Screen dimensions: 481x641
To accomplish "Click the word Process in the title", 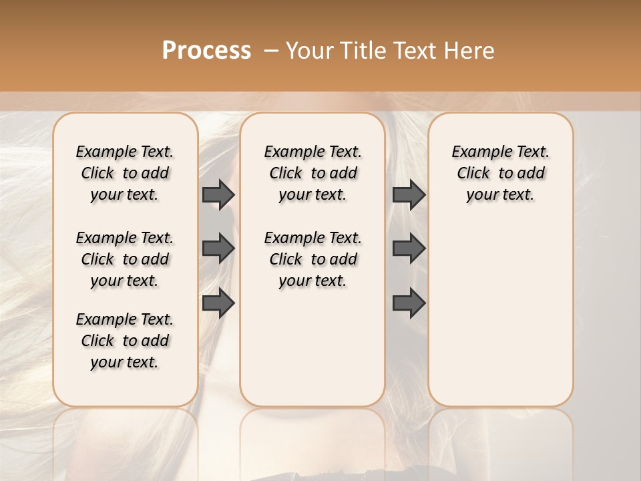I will coord(206,51).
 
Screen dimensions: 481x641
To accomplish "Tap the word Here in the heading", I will coord(469,51).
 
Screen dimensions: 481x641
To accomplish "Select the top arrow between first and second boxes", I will coord(218,194).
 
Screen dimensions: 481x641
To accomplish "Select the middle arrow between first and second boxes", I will coord(218,249).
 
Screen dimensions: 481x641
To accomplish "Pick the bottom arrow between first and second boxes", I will coord(218,303).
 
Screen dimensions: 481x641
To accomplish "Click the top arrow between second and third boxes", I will coord(409,194).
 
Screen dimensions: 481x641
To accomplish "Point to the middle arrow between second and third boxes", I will coord(409,249).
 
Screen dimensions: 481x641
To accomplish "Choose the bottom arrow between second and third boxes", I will coord(409,303).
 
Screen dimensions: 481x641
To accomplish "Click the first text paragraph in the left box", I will coord(125,173).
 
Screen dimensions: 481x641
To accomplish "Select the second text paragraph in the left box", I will coord(125,259).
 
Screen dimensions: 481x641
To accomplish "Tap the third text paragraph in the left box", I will coord(125,341).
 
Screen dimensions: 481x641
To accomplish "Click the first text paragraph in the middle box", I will coord(312,173).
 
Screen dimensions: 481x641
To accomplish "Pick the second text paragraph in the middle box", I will coord(312,259).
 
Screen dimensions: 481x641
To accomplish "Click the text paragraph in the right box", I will coord(500,173).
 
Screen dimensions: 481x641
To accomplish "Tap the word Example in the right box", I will coord(478,152).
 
